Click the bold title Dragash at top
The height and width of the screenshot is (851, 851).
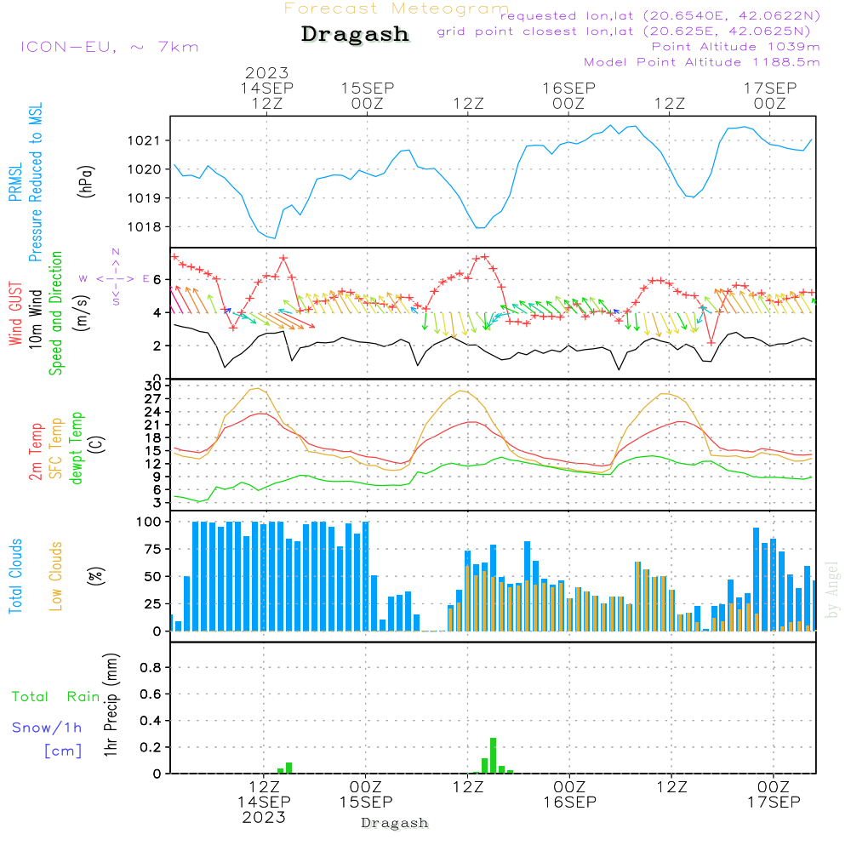(355, 34)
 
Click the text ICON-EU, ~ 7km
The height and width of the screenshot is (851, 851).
(109, 47)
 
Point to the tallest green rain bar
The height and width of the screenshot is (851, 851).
(493, 756)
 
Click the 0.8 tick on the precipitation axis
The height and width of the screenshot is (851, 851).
(150, 668)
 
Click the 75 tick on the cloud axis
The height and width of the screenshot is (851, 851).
(150, 550)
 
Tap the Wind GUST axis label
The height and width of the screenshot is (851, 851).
(16, 315)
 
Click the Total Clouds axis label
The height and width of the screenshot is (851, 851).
(16, 576)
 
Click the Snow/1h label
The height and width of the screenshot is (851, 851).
(47, 728)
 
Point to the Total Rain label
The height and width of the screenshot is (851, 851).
(56, 696)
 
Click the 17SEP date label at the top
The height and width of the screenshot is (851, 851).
(770, 88)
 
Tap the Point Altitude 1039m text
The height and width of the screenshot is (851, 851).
(735, 46)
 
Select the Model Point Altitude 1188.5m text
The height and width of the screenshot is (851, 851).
(701, 61)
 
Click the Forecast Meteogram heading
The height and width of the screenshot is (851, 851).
(397, 9)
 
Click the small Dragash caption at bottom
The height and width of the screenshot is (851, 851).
(395, 823)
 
